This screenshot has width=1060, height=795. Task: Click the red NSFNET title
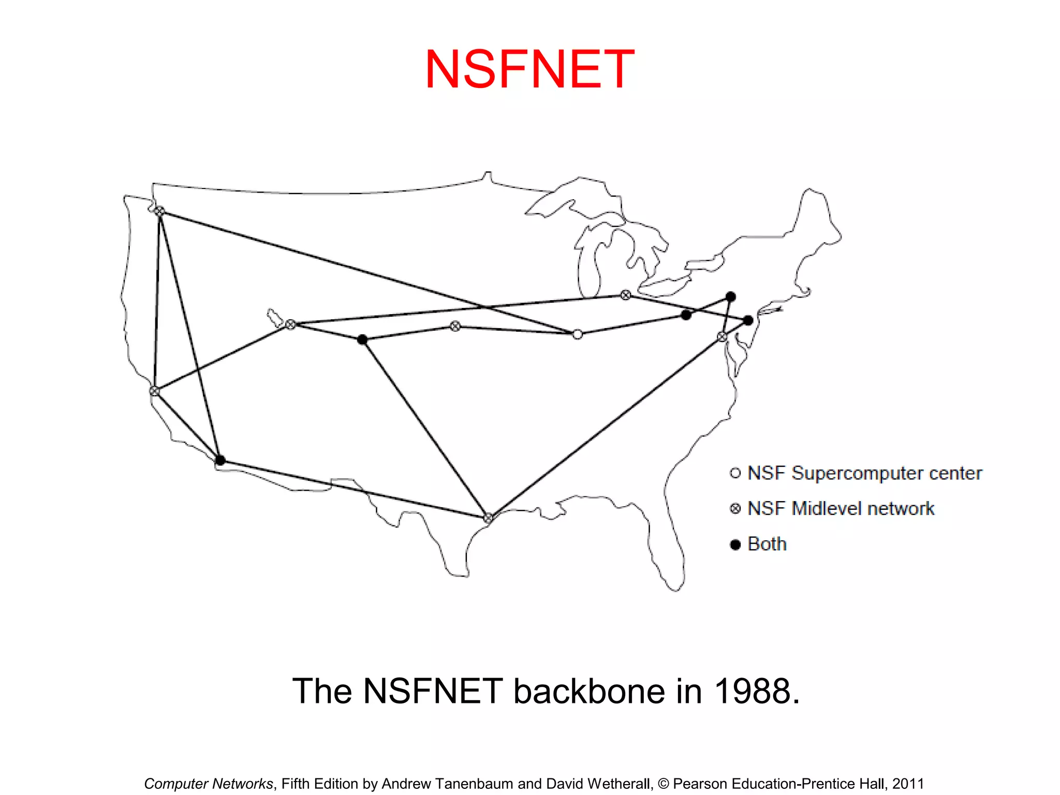(529, 69)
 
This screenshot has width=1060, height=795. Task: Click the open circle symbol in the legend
(735, 473)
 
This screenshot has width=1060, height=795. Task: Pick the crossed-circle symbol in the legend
(735, 509)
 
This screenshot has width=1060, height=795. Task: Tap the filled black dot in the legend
(735, 544)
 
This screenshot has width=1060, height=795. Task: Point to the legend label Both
(767, 544)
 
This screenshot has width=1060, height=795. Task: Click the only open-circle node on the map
(578, 334)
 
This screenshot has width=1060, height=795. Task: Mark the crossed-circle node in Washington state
(160, 211)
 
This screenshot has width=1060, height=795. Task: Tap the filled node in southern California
(220, 460)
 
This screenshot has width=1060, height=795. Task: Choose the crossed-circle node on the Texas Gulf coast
(488, 518)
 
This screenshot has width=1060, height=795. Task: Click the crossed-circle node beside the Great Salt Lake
(291, 325)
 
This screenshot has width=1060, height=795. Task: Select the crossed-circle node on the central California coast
(154, 391)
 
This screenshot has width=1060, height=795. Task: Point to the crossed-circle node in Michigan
(626, 295)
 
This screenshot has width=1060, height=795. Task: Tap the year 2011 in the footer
(908, 784)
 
